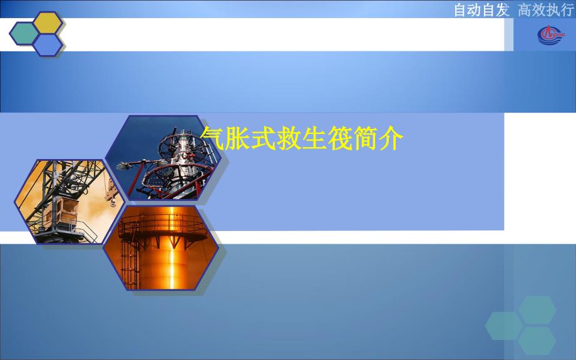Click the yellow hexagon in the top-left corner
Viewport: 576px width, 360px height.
point(48,23)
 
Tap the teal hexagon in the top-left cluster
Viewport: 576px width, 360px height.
point(24,34)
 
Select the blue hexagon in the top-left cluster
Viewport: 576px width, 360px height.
point(48,45)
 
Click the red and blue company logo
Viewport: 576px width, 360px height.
point(551,35)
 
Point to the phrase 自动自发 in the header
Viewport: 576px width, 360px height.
point(481,10)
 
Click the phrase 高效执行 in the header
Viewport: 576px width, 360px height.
point(545,10)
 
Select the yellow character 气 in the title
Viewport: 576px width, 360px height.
point(212,138)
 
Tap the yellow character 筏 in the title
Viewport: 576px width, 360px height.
point(340,138)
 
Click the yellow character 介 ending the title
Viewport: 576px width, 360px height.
point(391,138)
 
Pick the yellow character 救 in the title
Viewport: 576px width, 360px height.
point(289,138)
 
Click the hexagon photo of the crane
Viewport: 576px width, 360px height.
point(69,202)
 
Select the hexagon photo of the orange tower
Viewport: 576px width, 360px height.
point(161,248)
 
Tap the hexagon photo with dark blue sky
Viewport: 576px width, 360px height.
point(163,158)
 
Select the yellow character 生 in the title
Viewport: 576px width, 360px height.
point(314,138)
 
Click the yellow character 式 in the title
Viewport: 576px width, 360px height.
point(264,138)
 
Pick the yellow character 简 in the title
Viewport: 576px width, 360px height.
point(366,138)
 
